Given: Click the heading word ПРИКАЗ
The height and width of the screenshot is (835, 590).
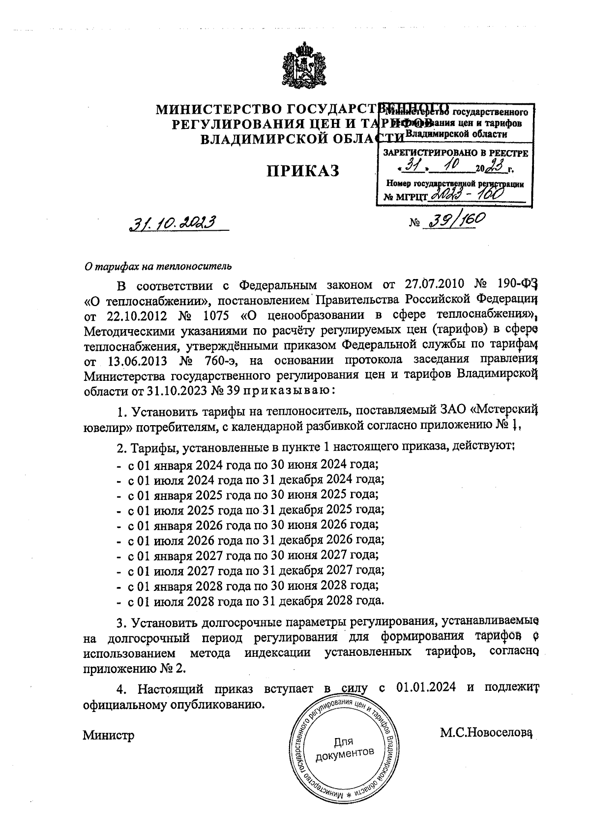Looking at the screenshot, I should click(x=304, y=171).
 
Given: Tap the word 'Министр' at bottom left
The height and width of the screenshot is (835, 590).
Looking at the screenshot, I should click(x=109, y=735).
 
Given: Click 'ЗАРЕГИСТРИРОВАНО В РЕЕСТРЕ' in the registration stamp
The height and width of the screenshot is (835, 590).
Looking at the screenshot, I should click(x=455, y=153).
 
